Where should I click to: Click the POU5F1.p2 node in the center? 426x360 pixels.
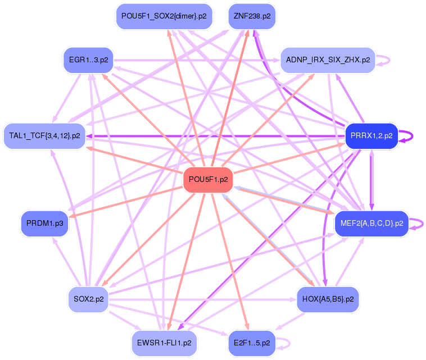coord(209,180)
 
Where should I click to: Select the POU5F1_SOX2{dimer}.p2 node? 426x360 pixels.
coord(164,16)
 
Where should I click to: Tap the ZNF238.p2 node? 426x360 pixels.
coord(252,16)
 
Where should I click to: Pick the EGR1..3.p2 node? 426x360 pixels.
coord(89,59)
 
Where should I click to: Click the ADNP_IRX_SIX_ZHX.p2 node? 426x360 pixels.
coord(328,60)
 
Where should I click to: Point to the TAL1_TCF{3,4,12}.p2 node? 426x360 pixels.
coord(45,136)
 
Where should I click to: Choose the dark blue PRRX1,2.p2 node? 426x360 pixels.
coord(371,136)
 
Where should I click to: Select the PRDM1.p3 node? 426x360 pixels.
coord(43,223)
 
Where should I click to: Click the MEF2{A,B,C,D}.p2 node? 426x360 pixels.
coord(371,223)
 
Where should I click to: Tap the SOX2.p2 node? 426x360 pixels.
coord(89,299)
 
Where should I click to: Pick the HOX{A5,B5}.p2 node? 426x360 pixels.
coord(328,299)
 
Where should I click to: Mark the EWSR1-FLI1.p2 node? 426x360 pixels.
coord(164,342)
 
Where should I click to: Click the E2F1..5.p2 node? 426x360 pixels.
coord(252,342)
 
